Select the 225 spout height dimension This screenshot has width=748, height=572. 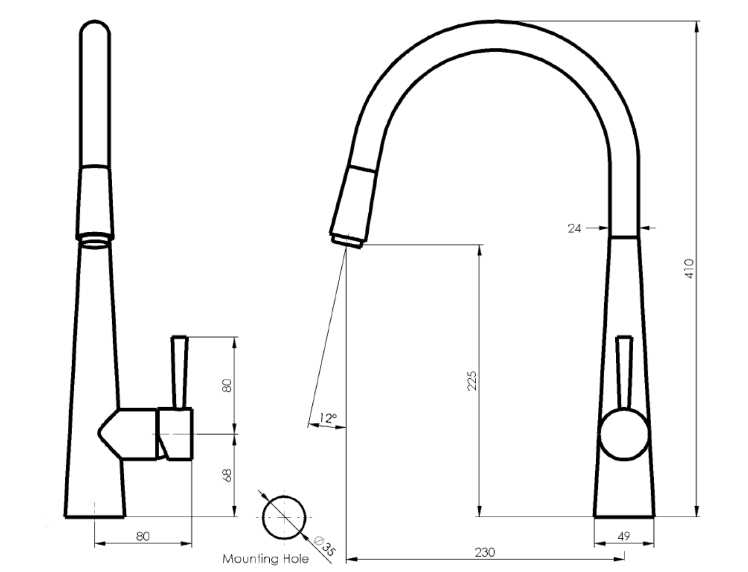coord(472,380)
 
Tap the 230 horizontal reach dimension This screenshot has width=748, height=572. coord(485,552)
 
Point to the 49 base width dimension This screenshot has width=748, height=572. coord(624,537)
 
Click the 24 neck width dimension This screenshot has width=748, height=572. coord(574,228)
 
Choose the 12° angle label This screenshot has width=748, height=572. coord(328,419)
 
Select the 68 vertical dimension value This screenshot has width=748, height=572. coord(227,475)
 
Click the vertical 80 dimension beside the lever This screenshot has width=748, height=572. coord(227,385)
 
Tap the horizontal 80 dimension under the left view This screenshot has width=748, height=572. coord(143,536)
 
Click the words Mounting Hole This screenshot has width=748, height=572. coord(265,558)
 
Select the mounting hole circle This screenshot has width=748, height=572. coord(284,517)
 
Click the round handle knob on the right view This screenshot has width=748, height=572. coord(624,434)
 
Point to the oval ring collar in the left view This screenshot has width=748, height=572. coord(95,241)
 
